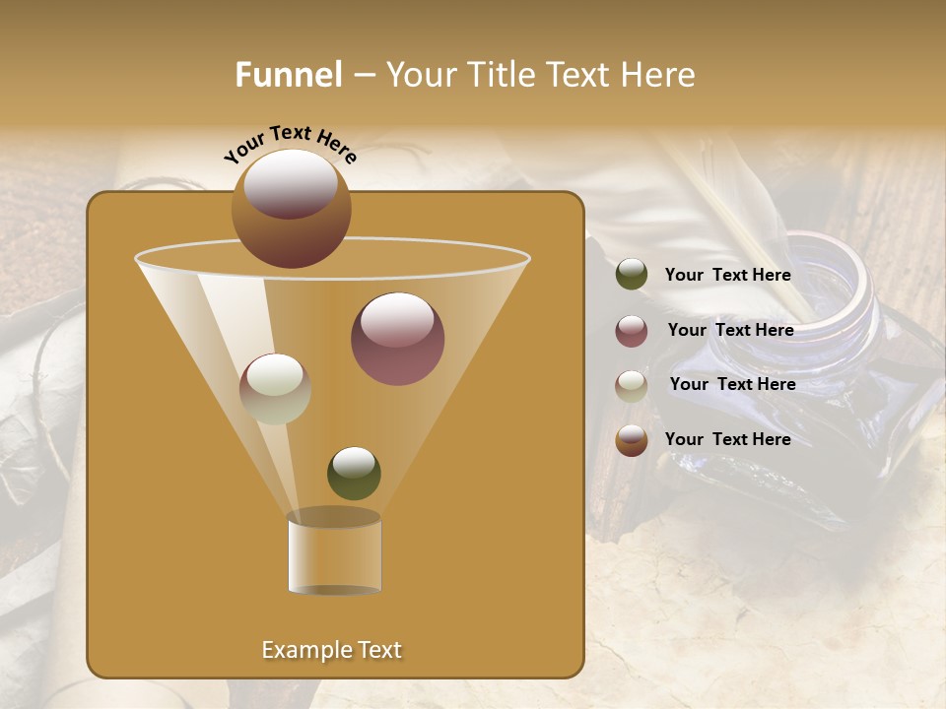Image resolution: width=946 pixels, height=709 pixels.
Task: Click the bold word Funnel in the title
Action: [288, 75]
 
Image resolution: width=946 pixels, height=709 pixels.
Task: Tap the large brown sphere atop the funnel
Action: [291, 209]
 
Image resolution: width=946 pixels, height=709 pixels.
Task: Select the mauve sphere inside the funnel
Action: [397, 339]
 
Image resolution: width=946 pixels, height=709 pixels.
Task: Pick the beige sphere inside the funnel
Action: [275, 389]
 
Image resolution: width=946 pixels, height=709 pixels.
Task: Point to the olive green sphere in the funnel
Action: [354, 473]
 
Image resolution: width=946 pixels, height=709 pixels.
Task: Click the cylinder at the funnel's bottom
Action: [334, 554]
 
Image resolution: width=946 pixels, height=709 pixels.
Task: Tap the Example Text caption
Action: [331, 650]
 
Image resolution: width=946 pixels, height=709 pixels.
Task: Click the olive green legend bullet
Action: [632, 275]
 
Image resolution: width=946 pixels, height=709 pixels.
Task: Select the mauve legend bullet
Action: [632, 331]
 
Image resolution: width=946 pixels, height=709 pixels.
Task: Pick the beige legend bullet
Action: [632, 386]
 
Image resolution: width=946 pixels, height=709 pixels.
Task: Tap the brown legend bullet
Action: [632, 440]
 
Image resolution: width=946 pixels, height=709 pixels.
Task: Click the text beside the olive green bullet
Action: [727, 275]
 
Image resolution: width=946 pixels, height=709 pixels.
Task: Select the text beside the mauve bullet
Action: [730, 330]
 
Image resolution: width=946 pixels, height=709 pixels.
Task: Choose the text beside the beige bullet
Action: [732, 384]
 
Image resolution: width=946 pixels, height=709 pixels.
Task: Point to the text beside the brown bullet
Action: [727, 439]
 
